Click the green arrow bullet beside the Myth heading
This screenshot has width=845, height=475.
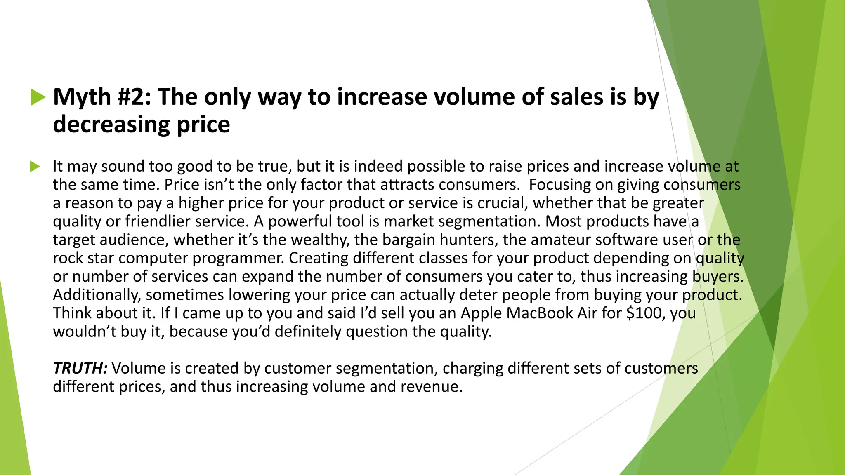[38, 97]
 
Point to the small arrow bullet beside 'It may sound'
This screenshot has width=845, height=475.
[35, 167]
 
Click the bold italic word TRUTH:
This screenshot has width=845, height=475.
[80, 368]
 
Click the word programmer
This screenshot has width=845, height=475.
[238, 258]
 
